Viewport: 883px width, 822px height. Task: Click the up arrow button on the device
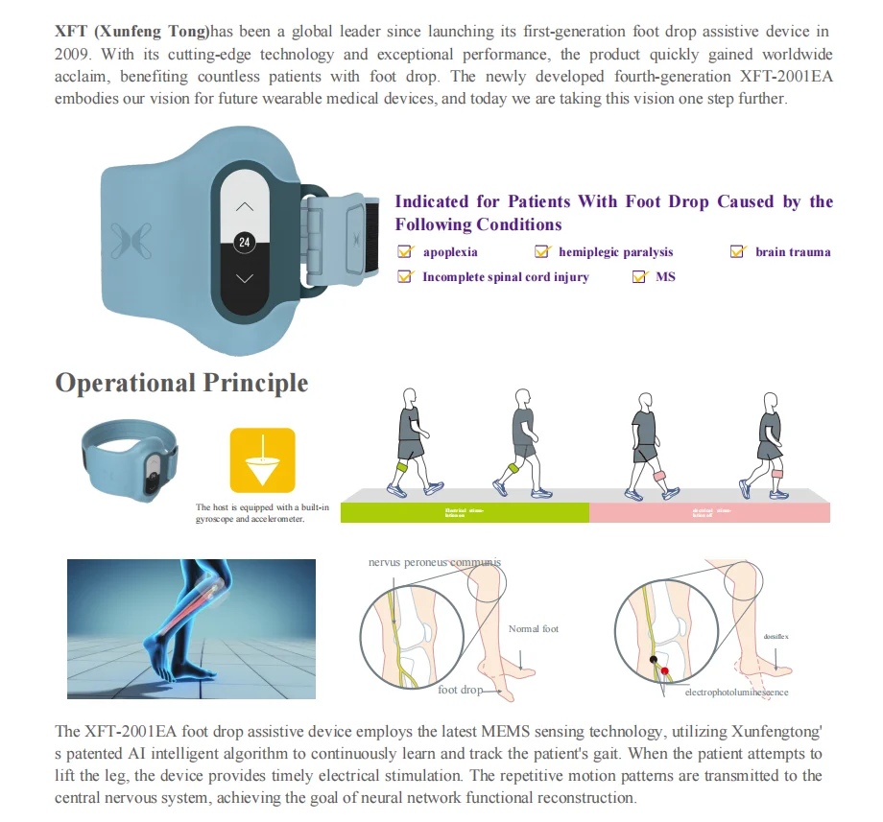click(245, 206)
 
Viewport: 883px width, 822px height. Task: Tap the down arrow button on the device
click(245, 278)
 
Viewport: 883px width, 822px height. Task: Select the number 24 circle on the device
click(245, 243)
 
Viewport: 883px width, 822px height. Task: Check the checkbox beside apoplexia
click(405, 252)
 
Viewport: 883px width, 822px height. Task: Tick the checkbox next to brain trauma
click(737, 252)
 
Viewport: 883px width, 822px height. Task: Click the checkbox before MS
click(639, 277)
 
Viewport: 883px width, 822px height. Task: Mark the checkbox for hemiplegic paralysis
click(542, 252)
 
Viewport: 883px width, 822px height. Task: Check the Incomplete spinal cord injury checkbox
click(405, 277)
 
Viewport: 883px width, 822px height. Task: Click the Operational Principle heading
click(181, 383)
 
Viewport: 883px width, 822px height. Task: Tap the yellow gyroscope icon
click(262, 460)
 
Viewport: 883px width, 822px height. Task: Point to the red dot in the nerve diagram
click(664, 670)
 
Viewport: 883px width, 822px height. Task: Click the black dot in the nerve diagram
click(654, 661)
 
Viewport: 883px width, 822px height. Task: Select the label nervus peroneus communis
click(435, 562)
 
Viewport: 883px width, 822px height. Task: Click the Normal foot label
click(534, 629)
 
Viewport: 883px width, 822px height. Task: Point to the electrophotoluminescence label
click(736, 692)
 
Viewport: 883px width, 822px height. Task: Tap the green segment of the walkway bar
click(465, 512)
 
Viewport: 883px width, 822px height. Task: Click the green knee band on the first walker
click(403, 466)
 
